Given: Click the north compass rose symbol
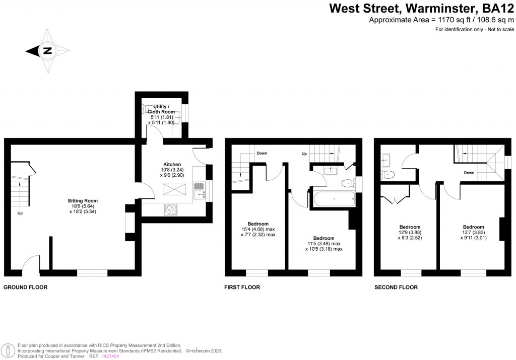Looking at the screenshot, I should pyautogui.click(x=48, y=50).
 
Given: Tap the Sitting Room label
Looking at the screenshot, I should pyautogui.click(x=82, y=200).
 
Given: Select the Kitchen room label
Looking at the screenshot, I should pyautogui.click(x=172, y=164).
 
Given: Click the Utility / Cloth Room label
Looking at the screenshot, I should pyautogui.click(x=162, y=109).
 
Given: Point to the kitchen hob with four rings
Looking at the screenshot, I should pyautogui.click(x=171, y=209).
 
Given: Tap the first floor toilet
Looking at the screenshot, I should pyautogui.click(x=347, y=183).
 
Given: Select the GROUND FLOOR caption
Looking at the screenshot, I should pyautogui.click(x=25, y=287).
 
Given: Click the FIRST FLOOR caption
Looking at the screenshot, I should pyautogui.click(x=242, y=287).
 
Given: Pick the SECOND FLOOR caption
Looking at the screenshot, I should pyautogui.click(x=396, y=287).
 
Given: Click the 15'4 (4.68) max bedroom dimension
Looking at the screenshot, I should pyautogui.click(x=258, y=229).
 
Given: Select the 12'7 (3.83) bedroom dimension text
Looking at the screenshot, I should pyautogui.click(x=474, y=232).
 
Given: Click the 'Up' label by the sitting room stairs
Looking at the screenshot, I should pyautogui.click(x=20, y=213).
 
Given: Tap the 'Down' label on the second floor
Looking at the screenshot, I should pyautogui.click(x=469, y=172).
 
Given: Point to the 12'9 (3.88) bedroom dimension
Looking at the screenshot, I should pyautogui.click(x=410, y=232).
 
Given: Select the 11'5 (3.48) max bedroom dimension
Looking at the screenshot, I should pyautogui.click(x=324, y=244).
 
